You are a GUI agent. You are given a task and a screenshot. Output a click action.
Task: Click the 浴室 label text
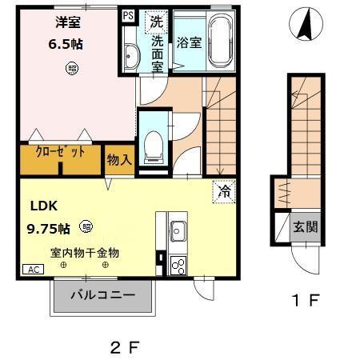pyautogui.click(x=188, y=42)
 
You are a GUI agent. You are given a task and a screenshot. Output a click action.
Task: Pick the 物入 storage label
pyautogui.click(x=119, y=159)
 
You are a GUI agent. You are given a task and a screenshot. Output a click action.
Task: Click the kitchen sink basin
pyautogui.click(x=178, y=233)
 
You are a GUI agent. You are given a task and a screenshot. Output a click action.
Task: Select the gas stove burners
pyautogui.click(x=177, y=266)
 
